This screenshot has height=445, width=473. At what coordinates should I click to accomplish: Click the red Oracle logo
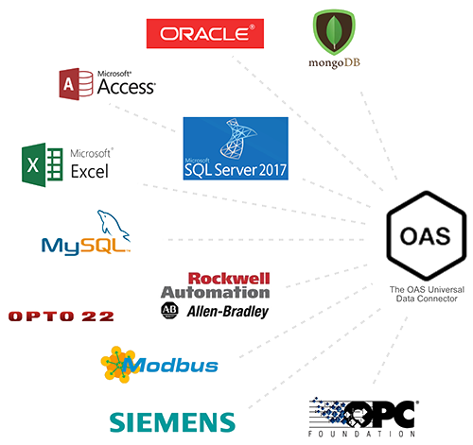click(205, 33)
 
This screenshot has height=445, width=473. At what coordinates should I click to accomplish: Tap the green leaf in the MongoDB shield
click(334, 31)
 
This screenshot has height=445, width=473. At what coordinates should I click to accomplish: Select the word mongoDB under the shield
click(334, 63)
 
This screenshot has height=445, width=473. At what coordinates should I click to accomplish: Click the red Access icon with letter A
click(76, 84)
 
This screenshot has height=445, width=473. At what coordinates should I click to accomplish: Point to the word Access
click(127, 87)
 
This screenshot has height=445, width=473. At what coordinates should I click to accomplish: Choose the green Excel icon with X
click(43, 164)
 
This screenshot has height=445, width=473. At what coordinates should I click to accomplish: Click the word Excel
click(90, 172)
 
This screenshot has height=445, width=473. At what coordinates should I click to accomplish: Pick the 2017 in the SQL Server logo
click(272, 170)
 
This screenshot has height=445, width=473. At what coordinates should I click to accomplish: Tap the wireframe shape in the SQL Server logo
click(237, 138)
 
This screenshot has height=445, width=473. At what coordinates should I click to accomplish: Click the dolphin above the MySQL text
click(114, 225)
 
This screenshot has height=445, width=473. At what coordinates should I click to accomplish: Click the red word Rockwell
click(229, 279)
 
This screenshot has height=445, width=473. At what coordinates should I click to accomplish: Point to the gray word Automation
click(216, 292)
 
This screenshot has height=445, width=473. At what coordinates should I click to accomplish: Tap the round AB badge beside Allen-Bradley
click(169, 311)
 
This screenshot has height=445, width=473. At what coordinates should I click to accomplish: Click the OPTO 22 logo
click(61, 317)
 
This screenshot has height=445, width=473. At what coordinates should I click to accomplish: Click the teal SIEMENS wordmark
click(172, 422)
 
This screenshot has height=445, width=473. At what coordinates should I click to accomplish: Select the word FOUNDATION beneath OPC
click(361, 434)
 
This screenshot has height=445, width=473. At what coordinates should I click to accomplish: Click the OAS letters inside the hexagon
click(426, 236)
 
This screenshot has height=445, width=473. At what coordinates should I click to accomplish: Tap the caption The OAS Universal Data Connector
click(427, 294)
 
